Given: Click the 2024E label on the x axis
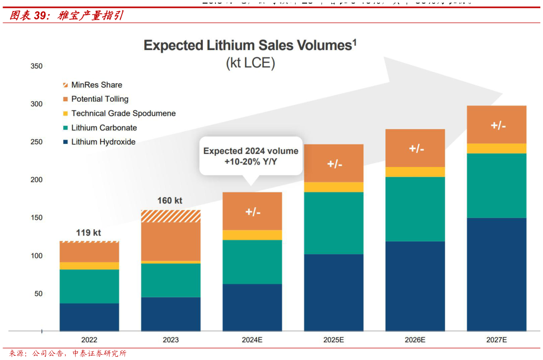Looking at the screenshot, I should point(252,340).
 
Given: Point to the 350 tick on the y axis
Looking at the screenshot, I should point(36,66).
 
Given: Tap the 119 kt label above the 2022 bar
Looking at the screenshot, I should point(89,232).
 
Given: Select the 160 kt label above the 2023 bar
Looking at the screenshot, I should point(170,201).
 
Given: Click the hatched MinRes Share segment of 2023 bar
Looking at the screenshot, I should point(171,216).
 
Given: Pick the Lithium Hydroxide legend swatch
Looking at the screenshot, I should point(65,142).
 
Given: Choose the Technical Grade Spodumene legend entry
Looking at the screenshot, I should point(123,113).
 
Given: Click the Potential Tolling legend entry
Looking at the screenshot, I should point(100,99).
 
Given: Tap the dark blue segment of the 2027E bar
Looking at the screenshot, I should point(496,274).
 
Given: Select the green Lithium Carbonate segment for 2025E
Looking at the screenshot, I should point(333,223).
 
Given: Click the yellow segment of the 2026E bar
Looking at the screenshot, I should point(415,172).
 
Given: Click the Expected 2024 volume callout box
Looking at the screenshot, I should point(251,156).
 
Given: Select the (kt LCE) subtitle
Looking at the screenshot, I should point(250,63).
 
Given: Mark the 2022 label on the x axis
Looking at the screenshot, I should point(89,340).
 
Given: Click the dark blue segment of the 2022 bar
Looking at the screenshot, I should point(89,317).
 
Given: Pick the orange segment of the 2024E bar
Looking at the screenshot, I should point(252,211).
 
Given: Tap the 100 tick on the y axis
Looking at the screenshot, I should point(36,256).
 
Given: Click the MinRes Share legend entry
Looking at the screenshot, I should point(96,85).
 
